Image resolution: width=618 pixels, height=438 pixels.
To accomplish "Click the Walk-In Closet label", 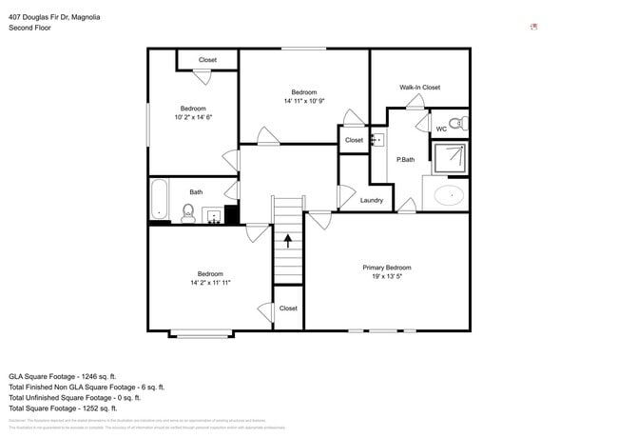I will point(419,87).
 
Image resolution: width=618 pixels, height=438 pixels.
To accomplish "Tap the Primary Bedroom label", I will point(387,268).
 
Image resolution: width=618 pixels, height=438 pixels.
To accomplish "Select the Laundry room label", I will point(372,200).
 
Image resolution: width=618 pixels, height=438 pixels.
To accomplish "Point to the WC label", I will point(441,129).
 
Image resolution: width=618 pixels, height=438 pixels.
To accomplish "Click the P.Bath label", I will point(405,159).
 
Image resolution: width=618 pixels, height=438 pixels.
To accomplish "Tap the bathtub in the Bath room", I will point(159,200).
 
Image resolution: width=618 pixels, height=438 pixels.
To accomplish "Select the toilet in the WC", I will point(456,123).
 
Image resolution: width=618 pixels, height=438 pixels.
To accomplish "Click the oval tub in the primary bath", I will point(448,196).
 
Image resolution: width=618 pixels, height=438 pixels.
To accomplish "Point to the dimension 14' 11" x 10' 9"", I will point(303,100).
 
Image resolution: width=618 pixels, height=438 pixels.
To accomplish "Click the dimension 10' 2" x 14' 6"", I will point(193,117).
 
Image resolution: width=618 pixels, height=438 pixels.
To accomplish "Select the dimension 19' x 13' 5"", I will point(387,276).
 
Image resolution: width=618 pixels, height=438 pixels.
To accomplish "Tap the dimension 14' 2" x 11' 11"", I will point(210,283).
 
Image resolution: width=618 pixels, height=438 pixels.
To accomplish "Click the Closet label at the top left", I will point(207,60).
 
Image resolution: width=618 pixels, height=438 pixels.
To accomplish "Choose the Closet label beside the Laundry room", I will point(354,140).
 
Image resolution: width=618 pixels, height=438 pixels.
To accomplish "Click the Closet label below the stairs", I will point(288,309).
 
